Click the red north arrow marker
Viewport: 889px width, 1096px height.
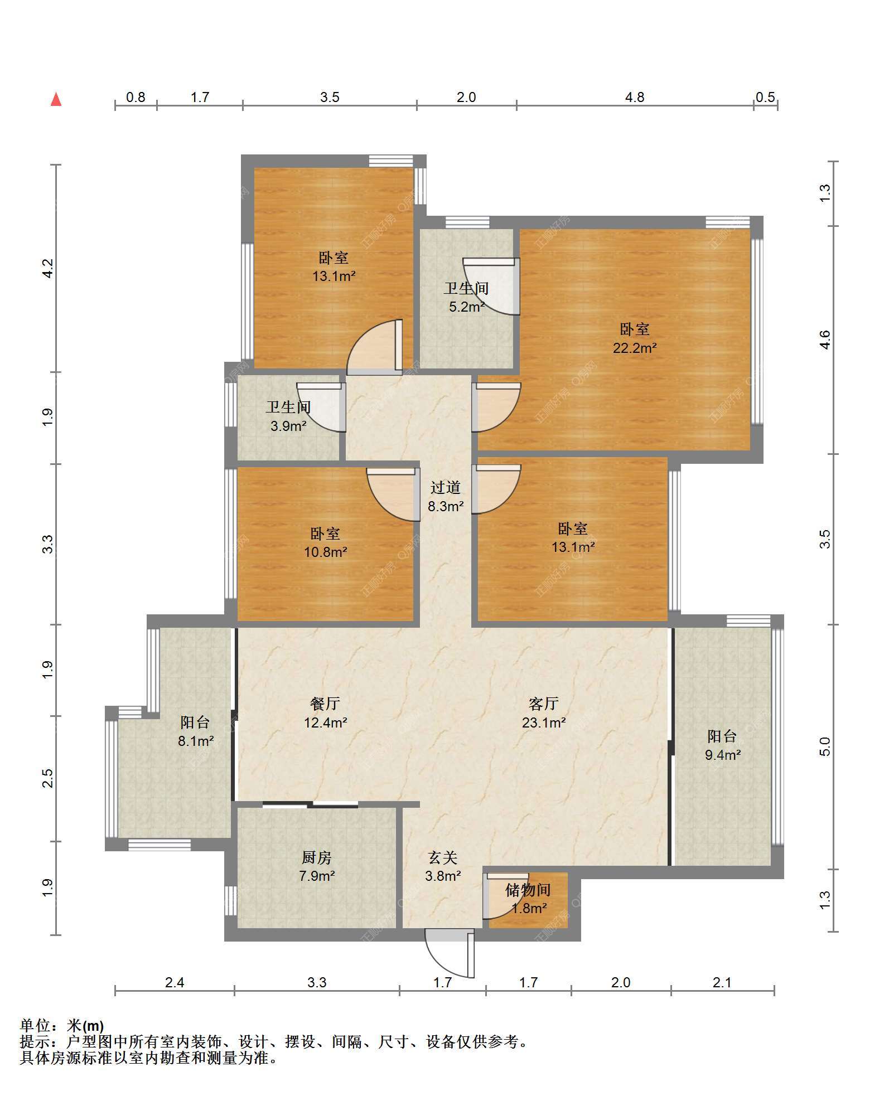point(56,99)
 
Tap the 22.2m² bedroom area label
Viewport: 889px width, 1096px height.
point(635,348)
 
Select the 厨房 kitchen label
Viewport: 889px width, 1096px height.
point(317,858)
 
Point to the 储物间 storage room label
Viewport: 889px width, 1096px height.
point(528,890)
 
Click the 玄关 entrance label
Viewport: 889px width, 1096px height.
point(443,858)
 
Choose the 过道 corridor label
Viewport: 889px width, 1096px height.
point(446,488)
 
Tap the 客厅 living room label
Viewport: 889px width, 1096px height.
point(544,704)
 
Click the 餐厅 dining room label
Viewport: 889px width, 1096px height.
point(325,704)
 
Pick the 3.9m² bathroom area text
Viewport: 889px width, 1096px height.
point(288,426)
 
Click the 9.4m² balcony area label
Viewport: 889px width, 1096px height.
point(723,755)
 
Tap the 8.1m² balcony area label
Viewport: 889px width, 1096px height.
point(196,741)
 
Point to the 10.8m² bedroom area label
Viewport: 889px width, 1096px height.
point(326,552)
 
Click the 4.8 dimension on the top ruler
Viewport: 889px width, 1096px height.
point(635,98)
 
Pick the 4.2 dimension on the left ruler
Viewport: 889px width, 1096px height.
point(49,268)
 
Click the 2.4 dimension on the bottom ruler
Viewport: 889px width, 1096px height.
point(175,982)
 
